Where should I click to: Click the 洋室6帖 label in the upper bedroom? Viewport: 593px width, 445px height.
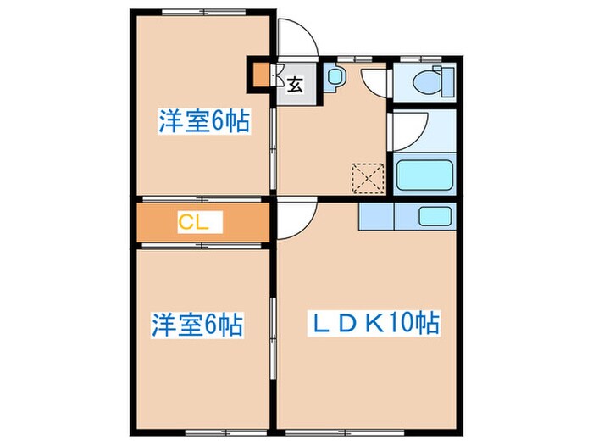(x=203, y=122)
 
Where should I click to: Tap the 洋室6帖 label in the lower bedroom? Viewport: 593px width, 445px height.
(x=198, y=324)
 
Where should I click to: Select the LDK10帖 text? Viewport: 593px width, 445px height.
(x=373, y=323)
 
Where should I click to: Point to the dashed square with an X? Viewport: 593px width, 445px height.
(x=369, y=179)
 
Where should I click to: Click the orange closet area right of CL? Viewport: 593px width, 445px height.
(x=246, y=223)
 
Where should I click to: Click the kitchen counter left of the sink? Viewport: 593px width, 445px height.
(x=376, y=217)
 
